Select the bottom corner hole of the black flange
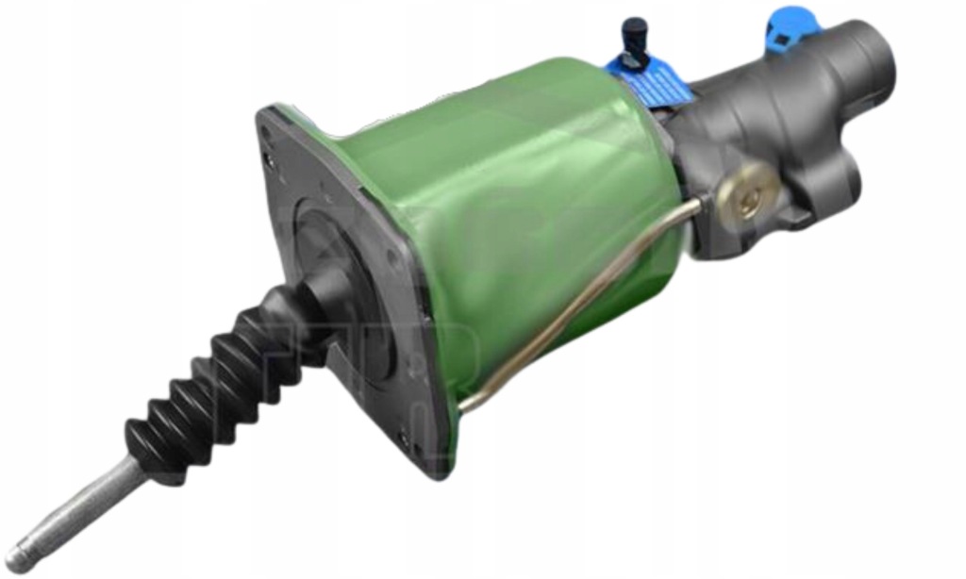(408, 438)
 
